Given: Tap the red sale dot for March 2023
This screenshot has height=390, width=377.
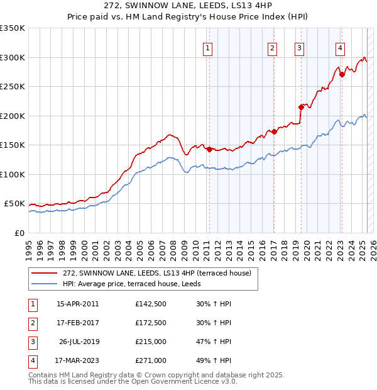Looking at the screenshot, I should click(x=342, y=74).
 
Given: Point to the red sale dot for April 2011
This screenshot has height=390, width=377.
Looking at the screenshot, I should click(x=209, y=149).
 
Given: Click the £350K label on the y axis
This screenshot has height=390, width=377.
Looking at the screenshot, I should click(x=13, y=28).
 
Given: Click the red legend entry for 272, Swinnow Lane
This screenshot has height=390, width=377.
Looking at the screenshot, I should click(x=156, y=273).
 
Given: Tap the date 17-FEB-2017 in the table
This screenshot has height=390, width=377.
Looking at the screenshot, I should click(x=77, y=323).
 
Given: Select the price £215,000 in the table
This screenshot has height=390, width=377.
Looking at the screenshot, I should click(x=151, y=342).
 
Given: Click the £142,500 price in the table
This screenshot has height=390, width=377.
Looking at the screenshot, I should click(x=151, y=304).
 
